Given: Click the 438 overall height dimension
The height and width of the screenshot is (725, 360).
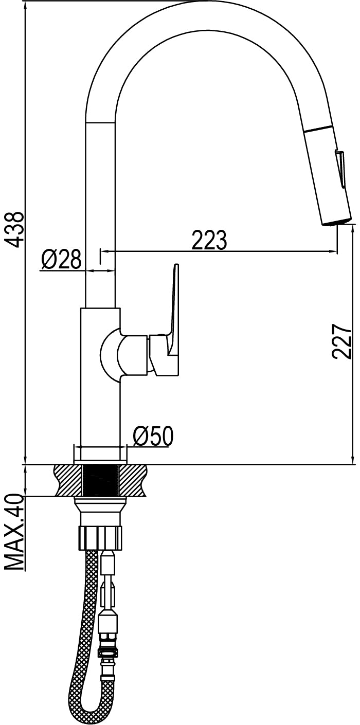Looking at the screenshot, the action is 15,230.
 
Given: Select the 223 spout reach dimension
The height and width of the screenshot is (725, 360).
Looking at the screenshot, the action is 209,240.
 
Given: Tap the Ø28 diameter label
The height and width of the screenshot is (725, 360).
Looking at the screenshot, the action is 61,259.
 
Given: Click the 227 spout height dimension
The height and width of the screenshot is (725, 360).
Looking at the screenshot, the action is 342,341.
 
